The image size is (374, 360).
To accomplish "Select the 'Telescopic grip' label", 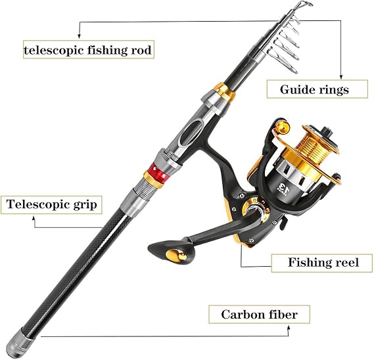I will [x=53, y=204].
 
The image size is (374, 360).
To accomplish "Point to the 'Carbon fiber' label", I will [x=258, y=315].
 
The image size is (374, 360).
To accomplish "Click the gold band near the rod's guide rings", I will [x=225, y=92].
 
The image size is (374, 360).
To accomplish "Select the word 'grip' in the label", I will [x=85, y=204].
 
